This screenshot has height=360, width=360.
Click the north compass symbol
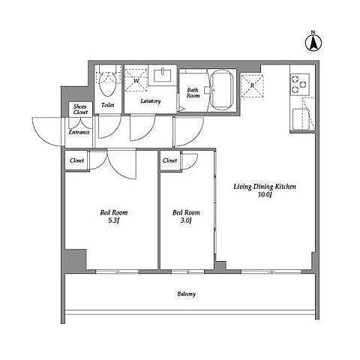coord(313,42)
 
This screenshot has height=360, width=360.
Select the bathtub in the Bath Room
coord(221,90)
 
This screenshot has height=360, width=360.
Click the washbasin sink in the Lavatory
coord(163,75)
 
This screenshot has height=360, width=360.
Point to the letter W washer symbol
coord(136,80)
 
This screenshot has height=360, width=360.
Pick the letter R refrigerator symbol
coord(252,85)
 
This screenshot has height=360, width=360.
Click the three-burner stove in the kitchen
coord(300,85)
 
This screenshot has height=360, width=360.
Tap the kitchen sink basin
coord(301,119)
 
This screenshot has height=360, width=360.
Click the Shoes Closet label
coord(80,109)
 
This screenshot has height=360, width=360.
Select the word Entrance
coord(79,132)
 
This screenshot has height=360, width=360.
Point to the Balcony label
coord(187,294)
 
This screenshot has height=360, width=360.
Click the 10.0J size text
coord(265,194)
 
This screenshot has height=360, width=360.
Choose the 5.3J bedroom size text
coord(114,220)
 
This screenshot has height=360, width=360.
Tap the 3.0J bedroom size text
coord(186,220)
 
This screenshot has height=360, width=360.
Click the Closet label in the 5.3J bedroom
coord(77,160)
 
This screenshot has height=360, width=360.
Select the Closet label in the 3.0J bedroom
coord(169,160)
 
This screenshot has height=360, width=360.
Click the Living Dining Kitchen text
coord(265,187)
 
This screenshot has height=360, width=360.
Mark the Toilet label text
coord(108,105)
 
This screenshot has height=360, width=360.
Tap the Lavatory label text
coord(151,101)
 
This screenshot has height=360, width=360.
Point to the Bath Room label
coord(193,92)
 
